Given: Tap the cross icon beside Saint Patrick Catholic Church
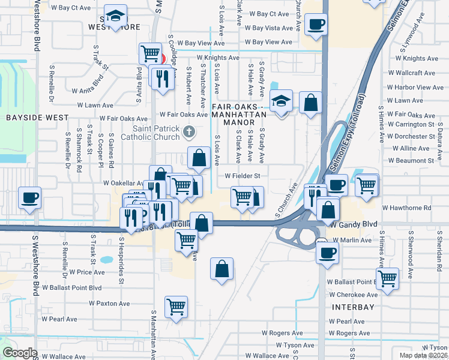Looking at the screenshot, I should point(189,131).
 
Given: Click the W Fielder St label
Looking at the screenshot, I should point(242,176).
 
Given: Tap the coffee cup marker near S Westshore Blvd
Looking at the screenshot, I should point(29,197).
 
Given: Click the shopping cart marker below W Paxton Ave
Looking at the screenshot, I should point(176,307).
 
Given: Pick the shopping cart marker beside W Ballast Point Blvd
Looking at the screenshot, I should point(387,278).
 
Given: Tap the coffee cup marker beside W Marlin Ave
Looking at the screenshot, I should point(328,251).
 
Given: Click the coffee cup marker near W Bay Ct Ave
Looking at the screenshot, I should point(316,25).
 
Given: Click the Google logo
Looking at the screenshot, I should point(20,353).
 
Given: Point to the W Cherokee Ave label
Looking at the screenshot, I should point(353,295).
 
